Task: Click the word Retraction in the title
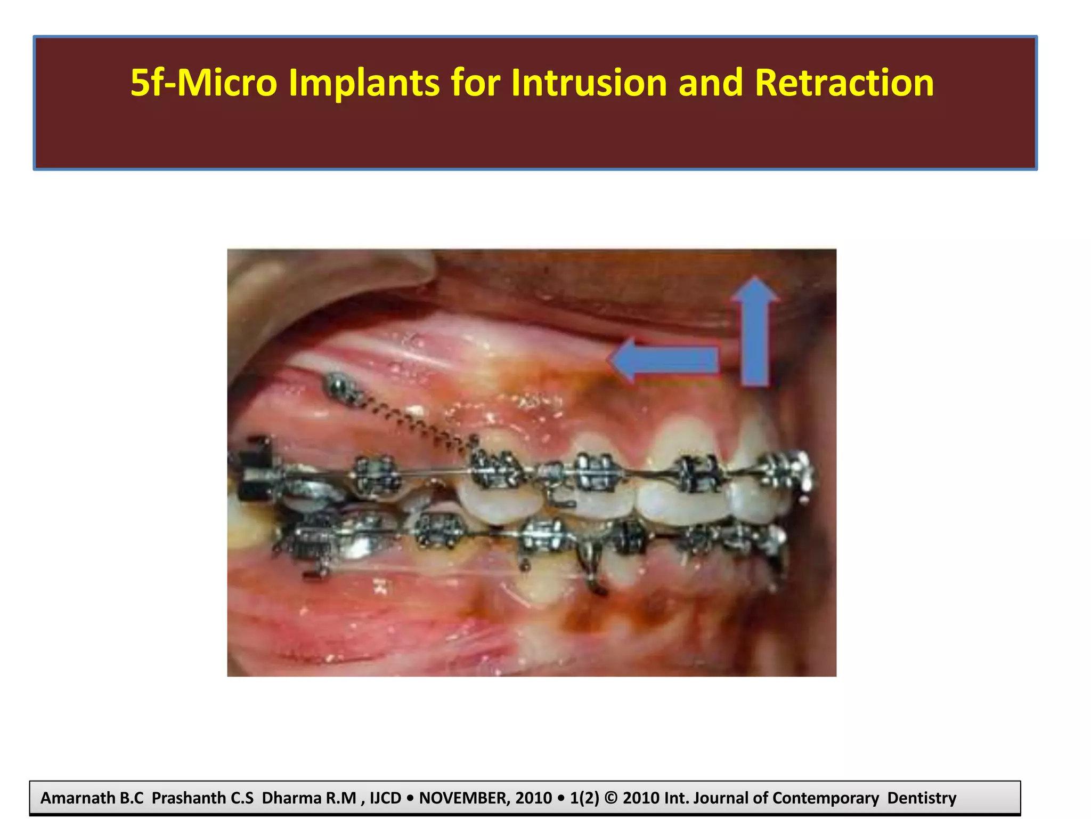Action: [844, 83]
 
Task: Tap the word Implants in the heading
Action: [364, 83]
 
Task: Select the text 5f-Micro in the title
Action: [204, 83]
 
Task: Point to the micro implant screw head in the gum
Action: [337, 384]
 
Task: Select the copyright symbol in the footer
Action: [612, 798]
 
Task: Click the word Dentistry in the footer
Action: [922, 798]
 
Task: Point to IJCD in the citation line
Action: [385, 798]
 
